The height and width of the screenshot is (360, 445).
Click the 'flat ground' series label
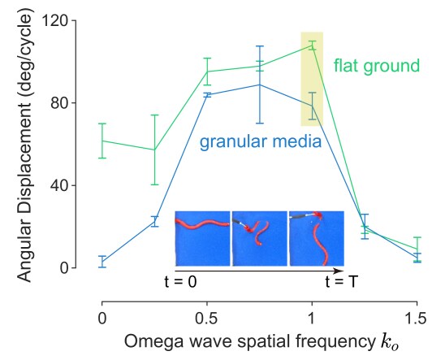point(377,67)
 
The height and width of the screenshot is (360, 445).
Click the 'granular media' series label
point(261,141)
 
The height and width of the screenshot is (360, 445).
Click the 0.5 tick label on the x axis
point(206,319)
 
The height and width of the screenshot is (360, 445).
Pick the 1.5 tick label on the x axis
point(416,319)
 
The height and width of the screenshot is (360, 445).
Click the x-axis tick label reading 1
point(312,319)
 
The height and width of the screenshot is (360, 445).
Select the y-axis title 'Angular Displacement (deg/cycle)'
point(24,145)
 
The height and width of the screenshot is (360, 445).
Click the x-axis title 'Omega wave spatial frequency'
point(250,341)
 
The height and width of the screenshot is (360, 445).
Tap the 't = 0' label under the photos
point(181,282)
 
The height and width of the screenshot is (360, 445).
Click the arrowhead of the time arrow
point(340,271)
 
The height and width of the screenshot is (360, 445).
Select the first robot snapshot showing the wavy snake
point(203,238)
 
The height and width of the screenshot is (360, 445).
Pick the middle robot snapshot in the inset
point(260,238)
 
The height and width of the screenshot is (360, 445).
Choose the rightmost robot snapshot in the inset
point(317,238)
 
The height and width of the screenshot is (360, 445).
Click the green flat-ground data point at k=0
point(102,141)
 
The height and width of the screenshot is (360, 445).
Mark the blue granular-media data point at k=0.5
point(207,95)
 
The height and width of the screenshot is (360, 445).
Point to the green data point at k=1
point(312,46)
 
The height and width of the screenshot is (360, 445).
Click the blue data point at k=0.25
point(154,222)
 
